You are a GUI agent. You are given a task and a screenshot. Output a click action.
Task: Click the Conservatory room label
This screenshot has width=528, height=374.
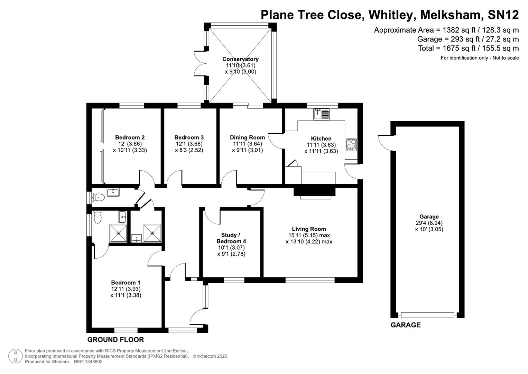pyautogui.click(x=240, y=59)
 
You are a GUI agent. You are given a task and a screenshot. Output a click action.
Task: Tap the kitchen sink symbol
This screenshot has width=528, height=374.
pyautogui.click(x=322, y=114)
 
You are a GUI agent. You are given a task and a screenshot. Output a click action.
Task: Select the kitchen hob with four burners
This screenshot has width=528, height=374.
pyautogui.click(x=351, y=144)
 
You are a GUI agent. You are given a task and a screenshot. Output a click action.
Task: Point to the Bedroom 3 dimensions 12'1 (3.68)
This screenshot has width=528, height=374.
pyautogui.click(x=189, y=144)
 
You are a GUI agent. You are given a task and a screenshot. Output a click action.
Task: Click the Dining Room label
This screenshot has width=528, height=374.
pyautogui.click(x=247, y=137)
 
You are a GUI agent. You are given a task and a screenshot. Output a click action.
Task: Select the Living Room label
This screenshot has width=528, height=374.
pyautogui.click(x=309, y=229)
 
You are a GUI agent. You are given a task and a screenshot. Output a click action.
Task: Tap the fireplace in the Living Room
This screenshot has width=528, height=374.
pyautogui.click(x=315, y=192)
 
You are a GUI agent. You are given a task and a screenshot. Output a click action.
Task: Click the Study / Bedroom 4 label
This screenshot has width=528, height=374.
pyautogui.click(x=231, y=238)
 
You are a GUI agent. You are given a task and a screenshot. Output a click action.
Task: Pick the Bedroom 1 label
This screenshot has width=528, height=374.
pyautogui.click(x=126, y=283)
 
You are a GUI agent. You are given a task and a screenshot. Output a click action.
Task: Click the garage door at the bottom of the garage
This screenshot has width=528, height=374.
pyautogui.click(x=427, y=315)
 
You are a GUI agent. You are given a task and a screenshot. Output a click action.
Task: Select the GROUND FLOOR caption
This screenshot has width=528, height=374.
pyautogui.click(x=115, y=340)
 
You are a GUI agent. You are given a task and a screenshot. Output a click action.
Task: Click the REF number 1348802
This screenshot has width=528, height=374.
pyautogui.click(x=93, y=362)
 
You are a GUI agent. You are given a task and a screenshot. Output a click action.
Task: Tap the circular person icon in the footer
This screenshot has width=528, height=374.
pyautogui.click(x=15, y=356)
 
